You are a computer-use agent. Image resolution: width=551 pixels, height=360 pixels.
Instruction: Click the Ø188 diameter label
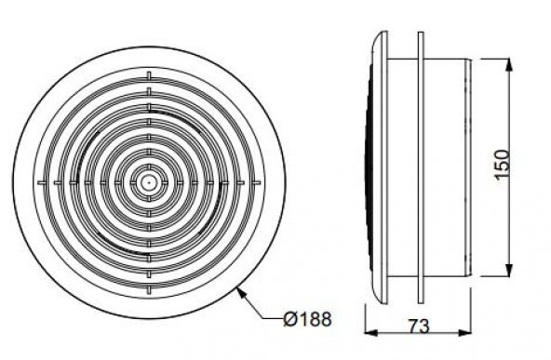(x=307, y=320)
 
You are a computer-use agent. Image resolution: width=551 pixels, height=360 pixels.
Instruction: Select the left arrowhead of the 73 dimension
(x=370, y=332)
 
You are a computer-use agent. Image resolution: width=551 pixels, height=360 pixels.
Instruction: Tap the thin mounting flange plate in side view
(x=420, y=167)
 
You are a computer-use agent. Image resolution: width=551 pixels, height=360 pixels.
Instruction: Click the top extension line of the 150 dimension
(x=493, y=58)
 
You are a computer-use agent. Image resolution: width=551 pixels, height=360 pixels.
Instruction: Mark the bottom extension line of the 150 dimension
(x=493, y=276)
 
